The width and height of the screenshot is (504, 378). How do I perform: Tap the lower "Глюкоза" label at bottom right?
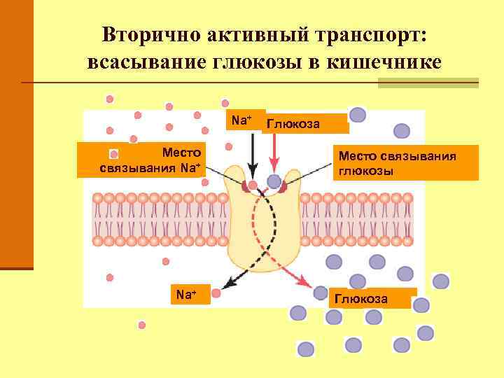pyautogui.click(x=361, y=298)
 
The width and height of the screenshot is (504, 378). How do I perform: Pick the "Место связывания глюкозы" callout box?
pyautogui.click(x=398, y=163)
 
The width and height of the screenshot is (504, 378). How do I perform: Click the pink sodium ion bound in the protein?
pyautogui.click(x=253, y=185)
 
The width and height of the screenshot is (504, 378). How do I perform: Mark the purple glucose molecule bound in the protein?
pyautogui.click(x=274, y=182)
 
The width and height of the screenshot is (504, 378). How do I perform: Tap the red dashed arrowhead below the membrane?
pyautogui.click(x=305, y=283)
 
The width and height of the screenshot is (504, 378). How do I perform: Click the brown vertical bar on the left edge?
pyautogui.click(x=16, y=133)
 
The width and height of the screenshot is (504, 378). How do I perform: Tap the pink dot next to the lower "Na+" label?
pyautogui.click(x=216, y=295)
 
